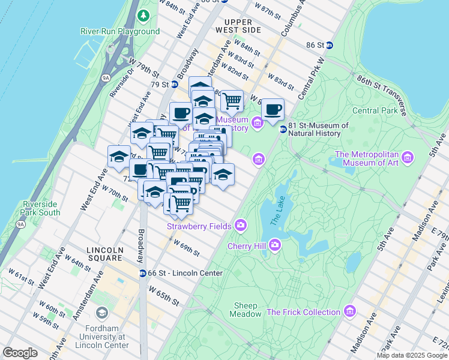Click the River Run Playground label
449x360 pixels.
[x=121, y=31]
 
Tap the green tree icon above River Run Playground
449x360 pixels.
[x=144, y=14]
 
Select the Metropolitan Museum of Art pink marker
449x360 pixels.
[x=408, y=158]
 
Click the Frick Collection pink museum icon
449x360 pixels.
[x=350, y=311]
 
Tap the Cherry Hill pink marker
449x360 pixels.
[x=274, y=245]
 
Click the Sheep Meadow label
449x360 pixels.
[x=247, y=309]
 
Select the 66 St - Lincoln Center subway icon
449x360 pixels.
[x=143, y=274]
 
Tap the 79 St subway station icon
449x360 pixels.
[x=174, y=85]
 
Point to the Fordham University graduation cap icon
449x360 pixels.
[x=101, y=313]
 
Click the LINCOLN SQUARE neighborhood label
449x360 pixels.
[x=104, y=254]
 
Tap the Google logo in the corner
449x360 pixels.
[x=20, y=353]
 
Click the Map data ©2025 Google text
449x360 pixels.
[x=411, y=355]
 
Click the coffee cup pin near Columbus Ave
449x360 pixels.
[x=273, y=110]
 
